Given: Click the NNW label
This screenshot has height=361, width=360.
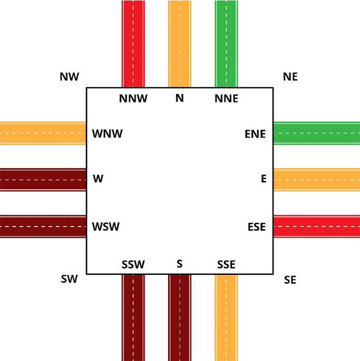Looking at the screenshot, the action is pos(133,98).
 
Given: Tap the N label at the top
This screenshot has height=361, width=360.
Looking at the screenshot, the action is pos(180,98).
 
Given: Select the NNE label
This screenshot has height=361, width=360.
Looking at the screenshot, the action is pos(226,98).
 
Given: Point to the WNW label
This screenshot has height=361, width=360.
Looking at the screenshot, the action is pos(107,134).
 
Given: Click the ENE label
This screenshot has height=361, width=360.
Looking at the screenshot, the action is pos(255,134).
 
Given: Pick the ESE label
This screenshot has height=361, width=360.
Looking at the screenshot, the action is pos(257,227).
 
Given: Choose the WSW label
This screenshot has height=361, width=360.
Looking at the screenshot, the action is pos(106,227).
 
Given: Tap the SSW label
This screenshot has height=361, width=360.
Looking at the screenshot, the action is pos(133,264).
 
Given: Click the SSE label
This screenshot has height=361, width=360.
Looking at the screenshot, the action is pos(226,264).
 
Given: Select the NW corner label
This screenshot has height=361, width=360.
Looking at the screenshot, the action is pos(69,76).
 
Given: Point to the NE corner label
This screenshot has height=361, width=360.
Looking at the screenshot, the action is pos(290,76).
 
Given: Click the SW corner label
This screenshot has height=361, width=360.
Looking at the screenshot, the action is pos(69,279).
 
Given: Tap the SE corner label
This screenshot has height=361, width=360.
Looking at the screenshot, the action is pos(290,280).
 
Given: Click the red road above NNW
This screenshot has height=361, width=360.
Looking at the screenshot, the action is pos(133,44).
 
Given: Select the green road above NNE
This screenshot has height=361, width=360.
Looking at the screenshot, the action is pos(226,44).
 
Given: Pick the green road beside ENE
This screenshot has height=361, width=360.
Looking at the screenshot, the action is pos(316,133).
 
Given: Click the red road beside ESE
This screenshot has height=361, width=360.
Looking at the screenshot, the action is pos(316,227).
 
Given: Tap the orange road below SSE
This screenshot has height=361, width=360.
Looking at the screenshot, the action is pos(226,318).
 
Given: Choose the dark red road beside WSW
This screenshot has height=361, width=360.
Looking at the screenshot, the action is pos(44,227).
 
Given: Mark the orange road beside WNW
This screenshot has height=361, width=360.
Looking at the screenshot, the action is pos(44,133).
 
